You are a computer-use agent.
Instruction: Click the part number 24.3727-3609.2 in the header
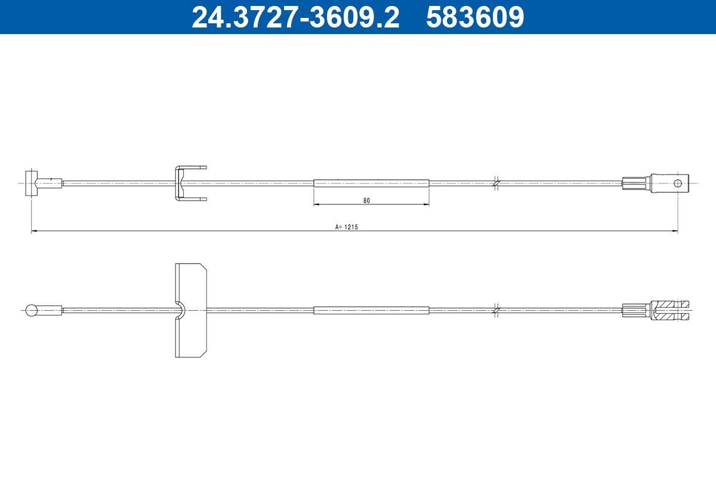[x=295, y=17]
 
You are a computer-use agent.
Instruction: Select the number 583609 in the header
[x=475, y=17]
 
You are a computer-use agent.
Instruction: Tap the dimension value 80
[x=366, y=201]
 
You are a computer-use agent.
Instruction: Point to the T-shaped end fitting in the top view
[x=32, y=183]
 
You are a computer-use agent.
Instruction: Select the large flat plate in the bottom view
[x=190, y=310]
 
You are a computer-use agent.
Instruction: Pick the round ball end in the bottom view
[x=32, y=310]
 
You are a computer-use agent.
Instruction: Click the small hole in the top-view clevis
[x=678, y=183]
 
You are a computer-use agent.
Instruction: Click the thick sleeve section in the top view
[x=371, y=183]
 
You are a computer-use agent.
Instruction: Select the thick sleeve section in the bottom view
[x=371, y=310]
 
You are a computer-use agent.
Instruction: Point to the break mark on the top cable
[x=496, y=183]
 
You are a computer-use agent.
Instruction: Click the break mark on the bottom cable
[x=496, y=310]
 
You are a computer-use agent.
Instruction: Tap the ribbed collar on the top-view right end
[x=635, y=183]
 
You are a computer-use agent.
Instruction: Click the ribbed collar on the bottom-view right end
[x=635, y=310]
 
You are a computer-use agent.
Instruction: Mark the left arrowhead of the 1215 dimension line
[x=34, y=231]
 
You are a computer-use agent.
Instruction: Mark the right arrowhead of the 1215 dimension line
[x=675, y=231]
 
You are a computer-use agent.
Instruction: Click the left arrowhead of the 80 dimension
[x=316, y=205]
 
